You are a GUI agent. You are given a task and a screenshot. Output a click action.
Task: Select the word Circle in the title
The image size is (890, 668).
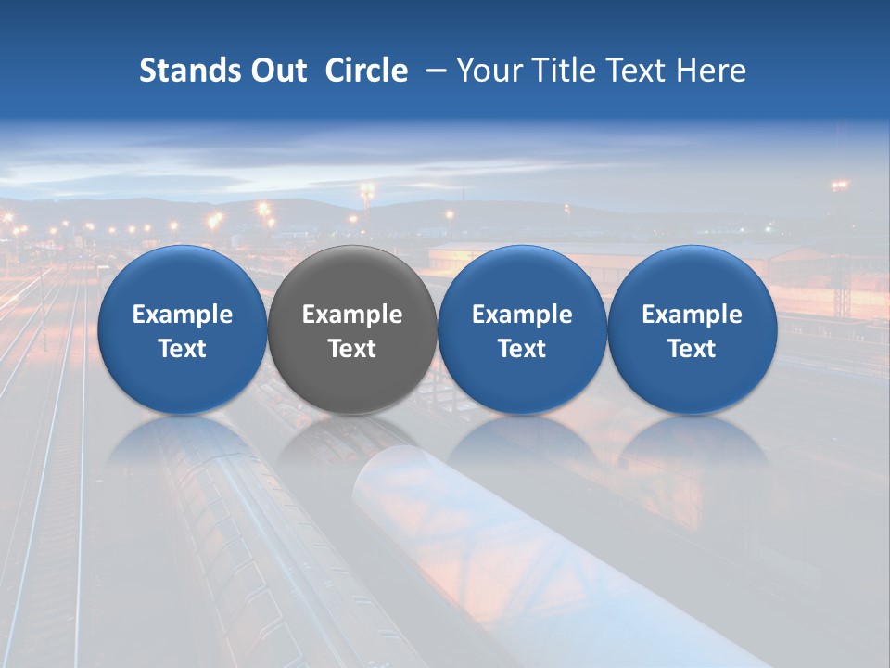366,71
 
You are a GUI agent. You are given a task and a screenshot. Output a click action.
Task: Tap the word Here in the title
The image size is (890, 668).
711,71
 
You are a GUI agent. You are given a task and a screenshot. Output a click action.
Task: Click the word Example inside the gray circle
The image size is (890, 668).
352,315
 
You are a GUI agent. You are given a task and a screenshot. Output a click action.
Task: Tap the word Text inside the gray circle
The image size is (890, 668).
352,349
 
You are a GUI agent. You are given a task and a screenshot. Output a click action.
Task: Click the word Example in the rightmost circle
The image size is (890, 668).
692,315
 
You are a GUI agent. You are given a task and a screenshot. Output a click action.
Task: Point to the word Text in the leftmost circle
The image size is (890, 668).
182,349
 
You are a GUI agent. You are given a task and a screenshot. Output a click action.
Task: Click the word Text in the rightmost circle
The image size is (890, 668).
692,349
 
